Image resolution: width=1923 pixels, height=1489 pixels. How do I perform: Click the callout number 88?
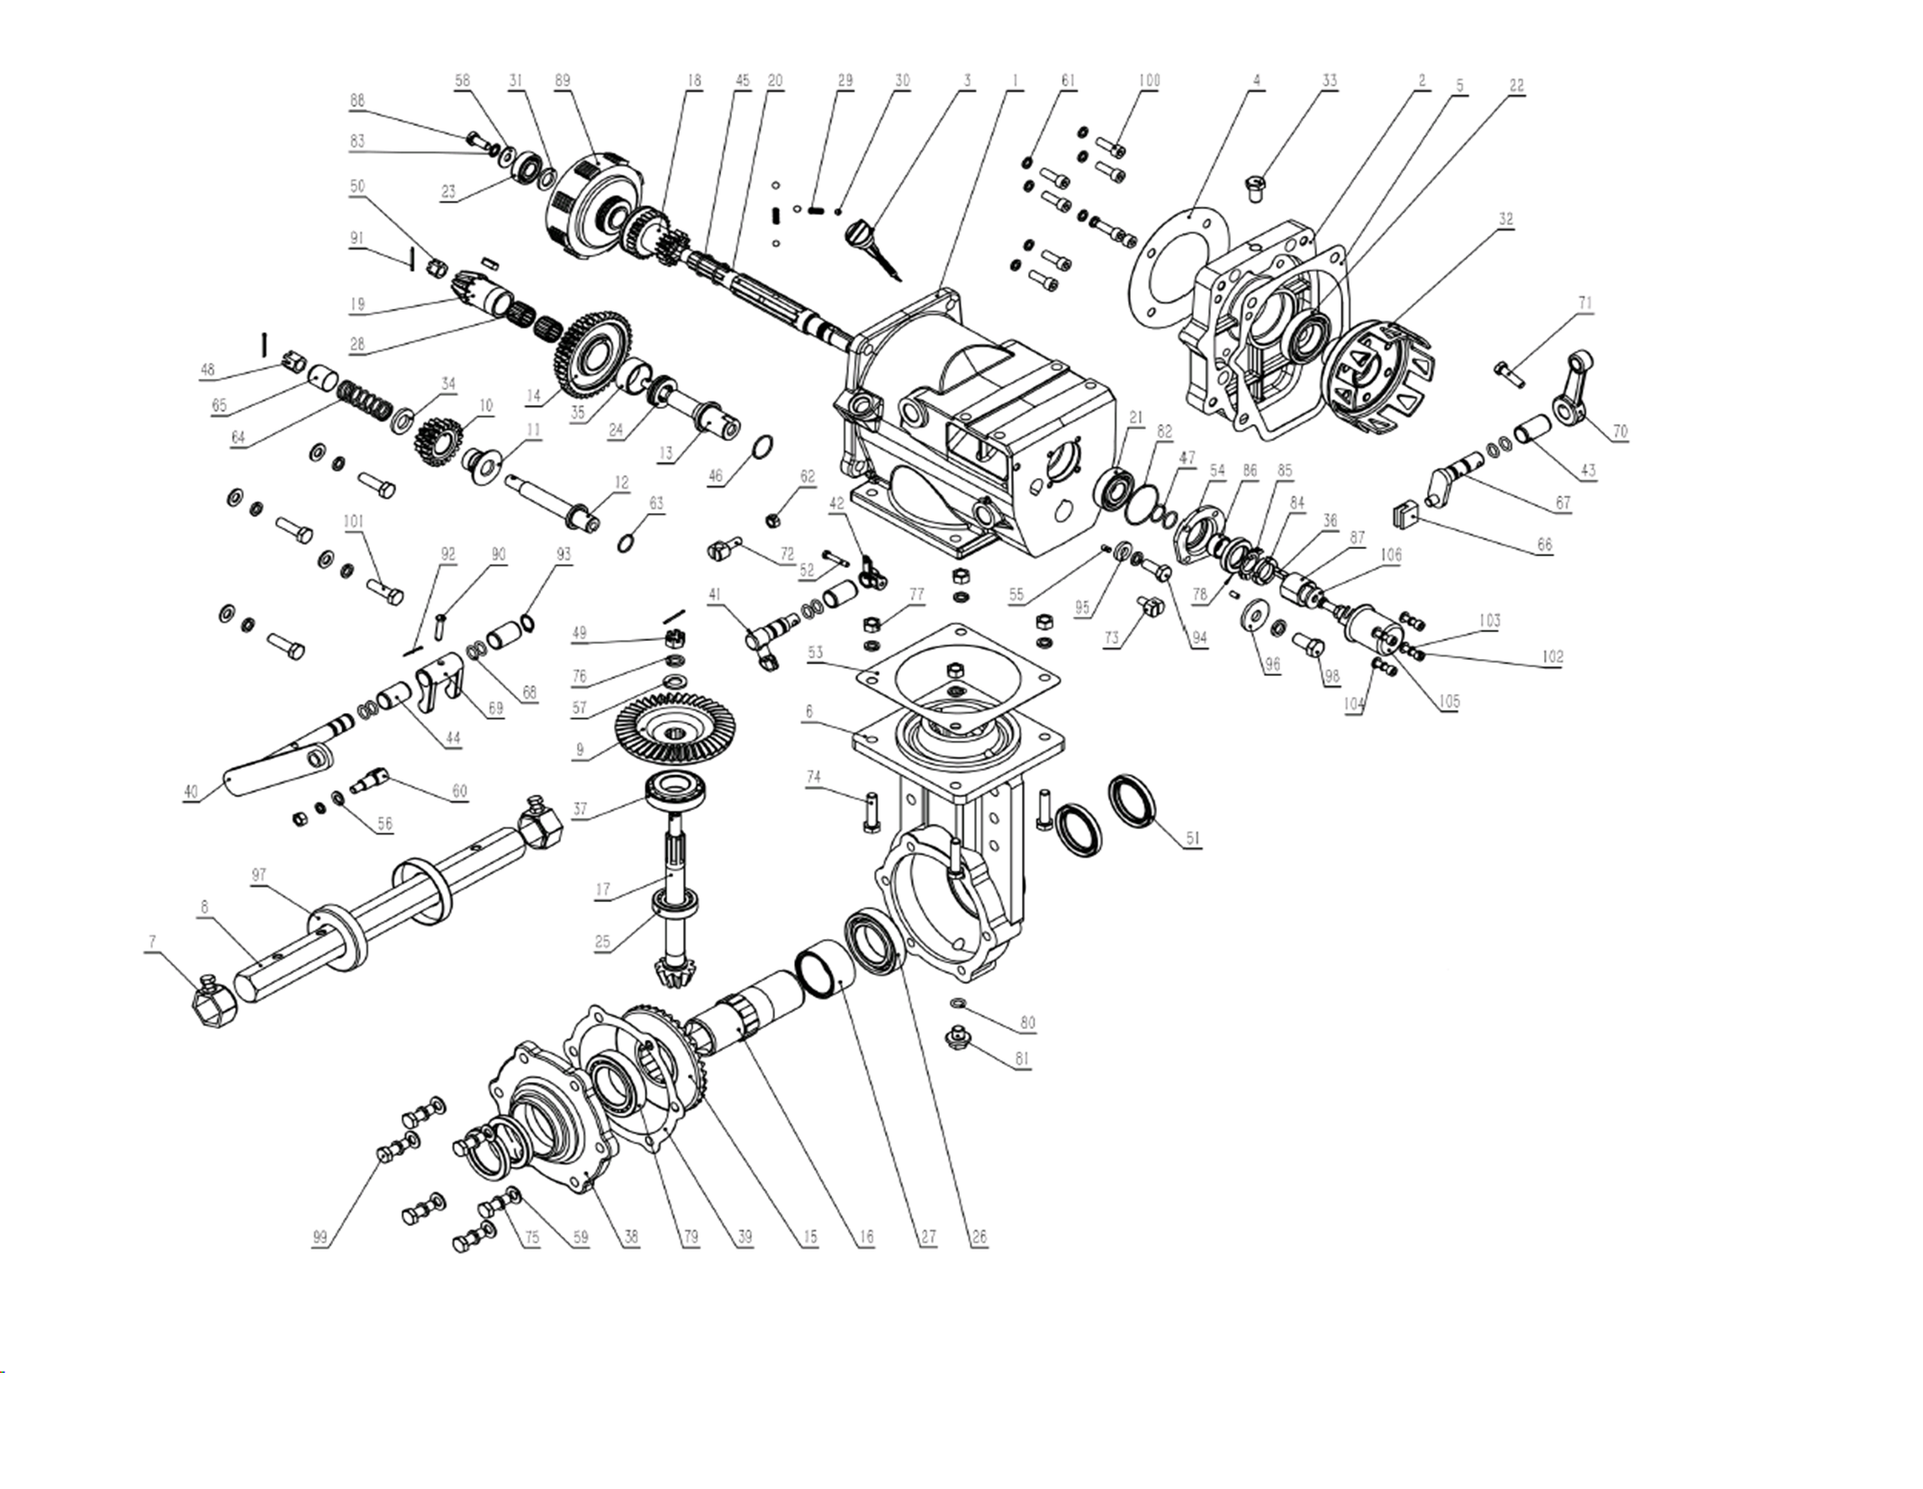point(357,101)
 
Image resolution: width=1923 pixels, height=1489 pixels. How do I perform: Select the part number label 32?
point(1506,219)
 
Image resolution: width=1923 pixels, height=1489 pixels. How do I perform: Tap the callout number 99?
point(320,1237)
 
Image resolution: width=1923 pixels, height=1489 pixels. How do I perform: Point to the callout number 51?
point(1193,837)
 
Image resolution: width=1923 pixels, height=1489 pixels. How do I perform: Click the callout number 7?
point(152,942)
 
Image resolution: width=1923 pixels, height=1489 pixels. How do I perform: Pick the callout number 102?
point(1552,656)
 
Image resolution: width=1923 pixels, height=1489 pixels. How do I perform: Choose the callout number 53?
point(816,653)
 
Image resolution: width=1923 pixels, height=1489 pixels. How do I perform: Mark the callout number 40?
point(191,791)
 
